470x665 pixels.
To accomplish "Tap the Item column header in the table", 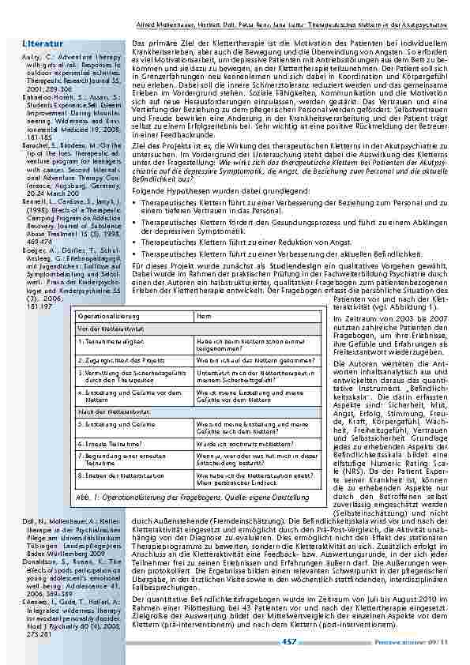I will [201, 315].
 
